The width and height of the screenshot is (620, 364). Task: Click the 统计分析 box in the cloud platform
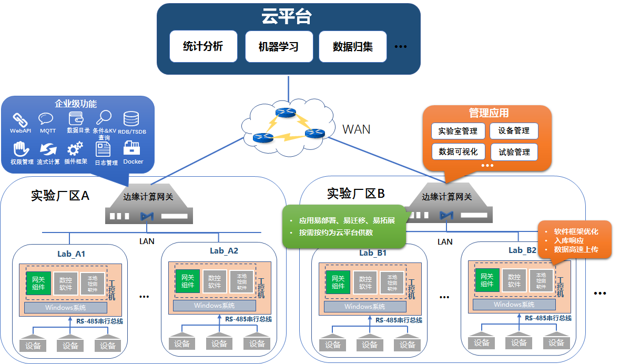[x=203, y=46]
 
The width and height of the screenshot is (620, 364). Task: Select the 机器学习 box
[x=279, y=46]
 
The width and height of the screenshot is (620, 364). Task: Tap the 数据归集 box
[x=353, y=46]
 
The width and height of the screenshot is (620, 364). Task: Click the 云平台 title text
[x=287, y=17]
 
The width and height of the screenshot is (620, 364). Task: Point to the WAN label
[x=356, y=129]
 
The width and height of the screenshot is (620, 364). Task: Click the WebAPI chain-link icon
[x=20, y=119]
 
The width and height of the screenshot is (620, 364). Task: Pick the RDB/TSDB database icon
[x=131, y=119]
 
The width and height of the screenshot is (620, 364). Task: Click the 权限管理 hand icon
[x=21, y=149]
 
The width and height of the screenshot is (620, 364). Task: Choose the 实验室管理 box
[x=458, y=131]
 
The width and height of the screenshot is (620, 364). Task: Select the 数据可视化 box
[x=458, y=151]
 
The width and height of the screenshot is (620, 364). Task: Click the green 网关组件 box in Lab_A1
[x=38, y=283]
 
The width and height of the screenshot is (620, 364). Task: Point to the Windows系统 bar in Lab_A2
[x=214, y=306]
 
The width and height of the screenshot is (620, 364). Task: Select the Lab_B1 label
[x=373, y=253]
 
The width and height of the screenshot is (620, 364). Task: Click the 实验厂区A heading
[x=60, y=196]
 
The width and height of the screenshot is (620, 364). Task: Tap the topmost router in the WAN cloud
[x=287, y=113]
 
